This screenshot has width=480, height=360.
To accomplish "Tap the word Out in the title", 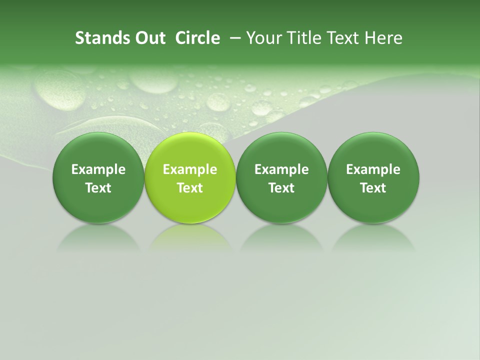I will click(x=148, y=38).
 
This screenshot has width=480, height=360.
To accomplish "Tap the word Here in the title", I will click(x=383, y=38).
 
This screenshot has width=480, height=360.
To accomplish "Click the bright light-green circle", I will click(x=190, y=177).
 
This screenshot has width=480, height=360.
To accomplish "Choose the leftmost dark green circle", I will click(x=98, y=177).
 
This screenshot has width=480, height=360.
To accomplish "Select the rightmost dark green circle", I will click(x=373, y=177).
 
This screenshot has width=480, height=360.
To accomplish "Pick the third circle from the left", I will click(x=281, y=177).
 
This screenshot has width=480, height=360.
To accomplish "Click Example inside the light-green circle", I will click(x=190, y=169).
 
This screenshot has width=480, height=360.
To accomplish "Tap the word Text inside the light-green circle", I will click(x=190, y=188).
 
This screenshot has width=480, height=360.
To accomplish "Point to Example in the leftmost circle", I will click(x=98, y=169).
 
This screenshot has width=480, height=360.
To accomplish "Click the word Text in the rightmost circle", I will click(x=373, y=188).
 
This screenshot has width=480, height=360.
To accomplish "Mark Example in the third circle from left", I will click(x=281, y=169).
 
